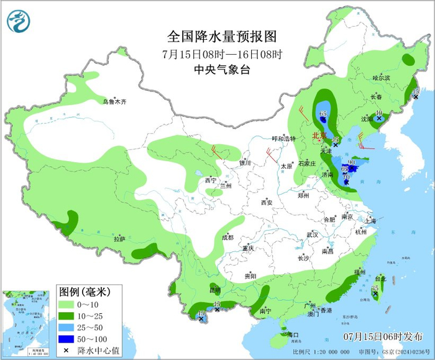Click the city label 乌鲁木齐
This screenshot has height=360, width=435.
pos(115,101)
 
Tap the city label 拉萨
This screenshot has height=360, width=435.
pos(119,238)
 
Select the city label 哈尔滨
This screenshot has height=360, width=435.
pos(381,78)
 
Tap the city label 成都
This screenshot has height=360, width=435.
pos(227,237)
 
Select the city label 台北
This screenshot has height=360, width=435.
pos(380,279)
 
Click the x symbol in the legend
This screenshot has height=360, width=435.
pos(66,351)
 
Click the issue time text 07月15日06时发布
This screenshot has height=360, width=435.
pos(382,336)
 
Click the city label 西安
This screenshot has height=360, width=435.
pos(267,202)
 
